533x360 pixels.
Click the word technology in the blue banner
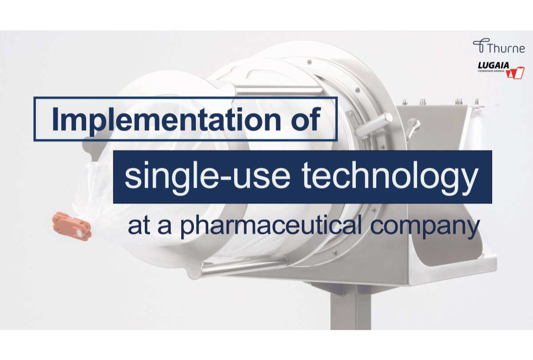click(x=391, y=176)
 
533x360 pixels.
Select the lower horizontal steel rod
click(x=242, y=267)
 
